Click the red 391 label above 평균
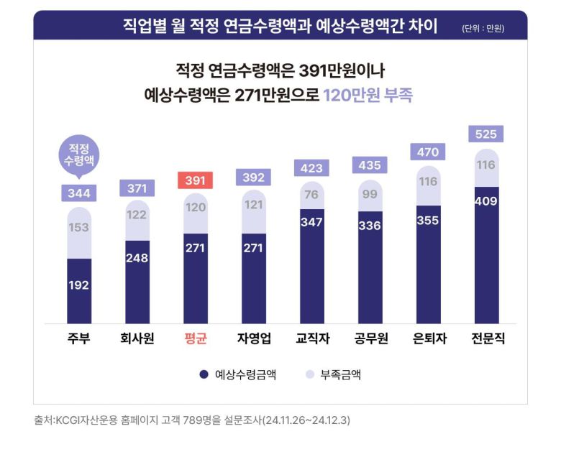[x=195, y=181]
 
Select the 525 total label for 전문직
[x=486, y=134]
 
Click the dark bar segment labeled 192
[x=78, y=285]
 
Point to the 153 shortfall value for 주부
[x=78, y=227]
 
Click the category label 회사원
[x=137, y=338]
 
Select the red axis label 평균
[x=195, y=338]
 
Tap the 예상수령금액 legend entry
[x=238, y=374]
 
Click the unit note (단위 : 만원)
[x=483, y=29]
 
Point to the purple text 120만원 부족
[x=368, y=95]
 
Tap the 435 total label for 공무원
[x=370, y=165]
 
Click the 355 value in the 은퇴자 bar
[x=428, y=219]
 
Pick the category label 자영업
[x=253, y=338]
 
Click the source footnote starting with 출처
[x=192, y=419]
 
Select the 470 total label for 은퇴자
[x=428, y=152]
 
